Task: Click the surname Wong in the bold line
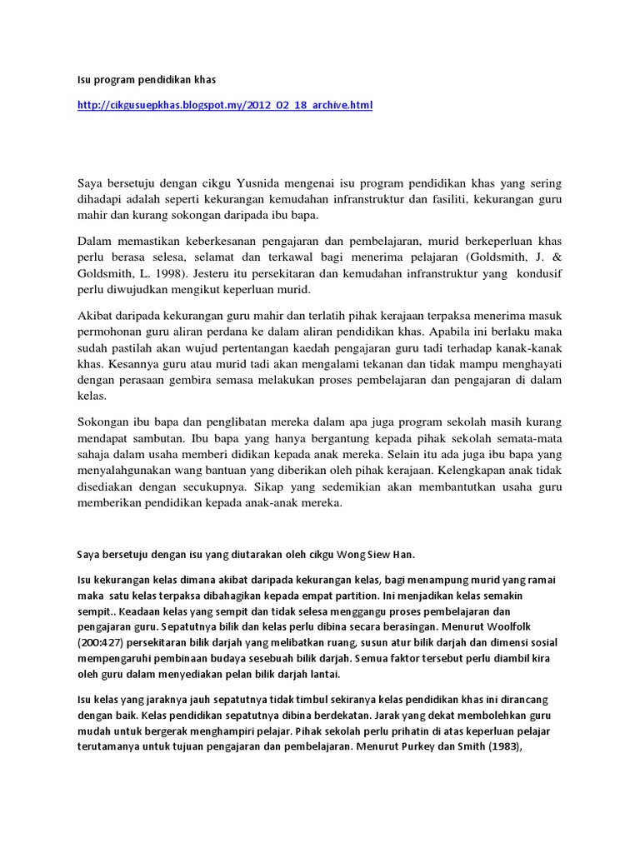(346, 554)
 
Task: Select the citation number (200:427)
(102, 643)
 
